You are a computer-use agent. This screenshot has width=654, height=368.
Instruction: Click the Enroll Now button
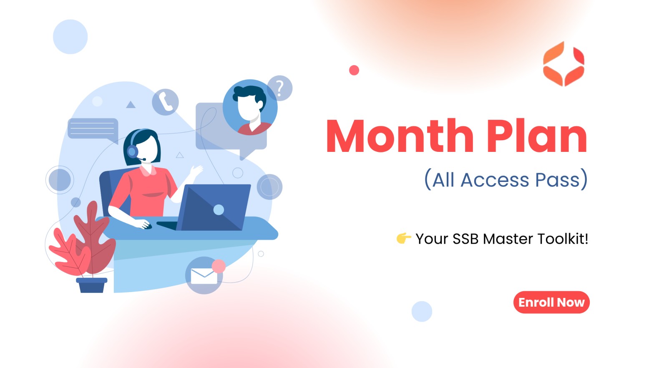(551, 302)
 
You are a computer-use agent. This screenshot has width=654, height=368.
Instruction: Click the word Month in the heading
(400, 136)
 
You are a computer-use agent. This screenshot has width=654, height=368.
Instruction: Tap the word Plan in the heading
(537, 136)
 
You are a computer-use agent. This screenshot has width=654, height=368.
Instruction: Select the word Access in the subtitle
(495, 180)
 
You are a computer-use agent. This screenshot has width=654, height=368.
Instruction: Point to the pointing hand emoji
(404, 238)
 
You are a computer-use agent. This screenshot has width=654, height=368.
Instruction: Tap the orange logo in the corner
(563, 64)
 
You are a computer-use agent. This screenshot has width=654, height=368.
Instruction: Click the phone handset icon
(165, 102)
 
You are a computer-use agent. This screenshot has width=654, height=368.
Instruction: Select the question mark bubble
(280, 88)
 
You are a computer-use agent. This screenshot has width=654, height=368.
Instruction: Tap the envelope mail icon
(204, 276)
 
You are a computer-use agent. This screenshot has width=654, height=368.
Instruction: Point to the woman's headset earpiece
(132, 151)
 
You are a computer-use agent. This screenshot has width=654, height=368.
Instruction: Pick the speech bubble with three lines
(93, 129)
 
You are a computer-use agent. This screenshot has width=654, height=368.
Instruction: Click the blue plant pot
(92, 285)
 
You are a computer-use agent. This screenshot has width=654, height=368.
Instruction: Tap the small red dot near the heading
(354, 70)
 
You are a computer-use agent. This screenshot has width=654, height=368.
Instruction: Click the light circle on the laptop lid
(219, 210)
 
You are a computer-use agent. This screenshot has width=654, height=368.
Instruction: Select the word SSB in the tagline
(465, 239)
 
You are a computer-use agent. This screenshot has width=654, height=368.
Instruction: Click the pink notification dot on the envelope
(219, 266)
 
